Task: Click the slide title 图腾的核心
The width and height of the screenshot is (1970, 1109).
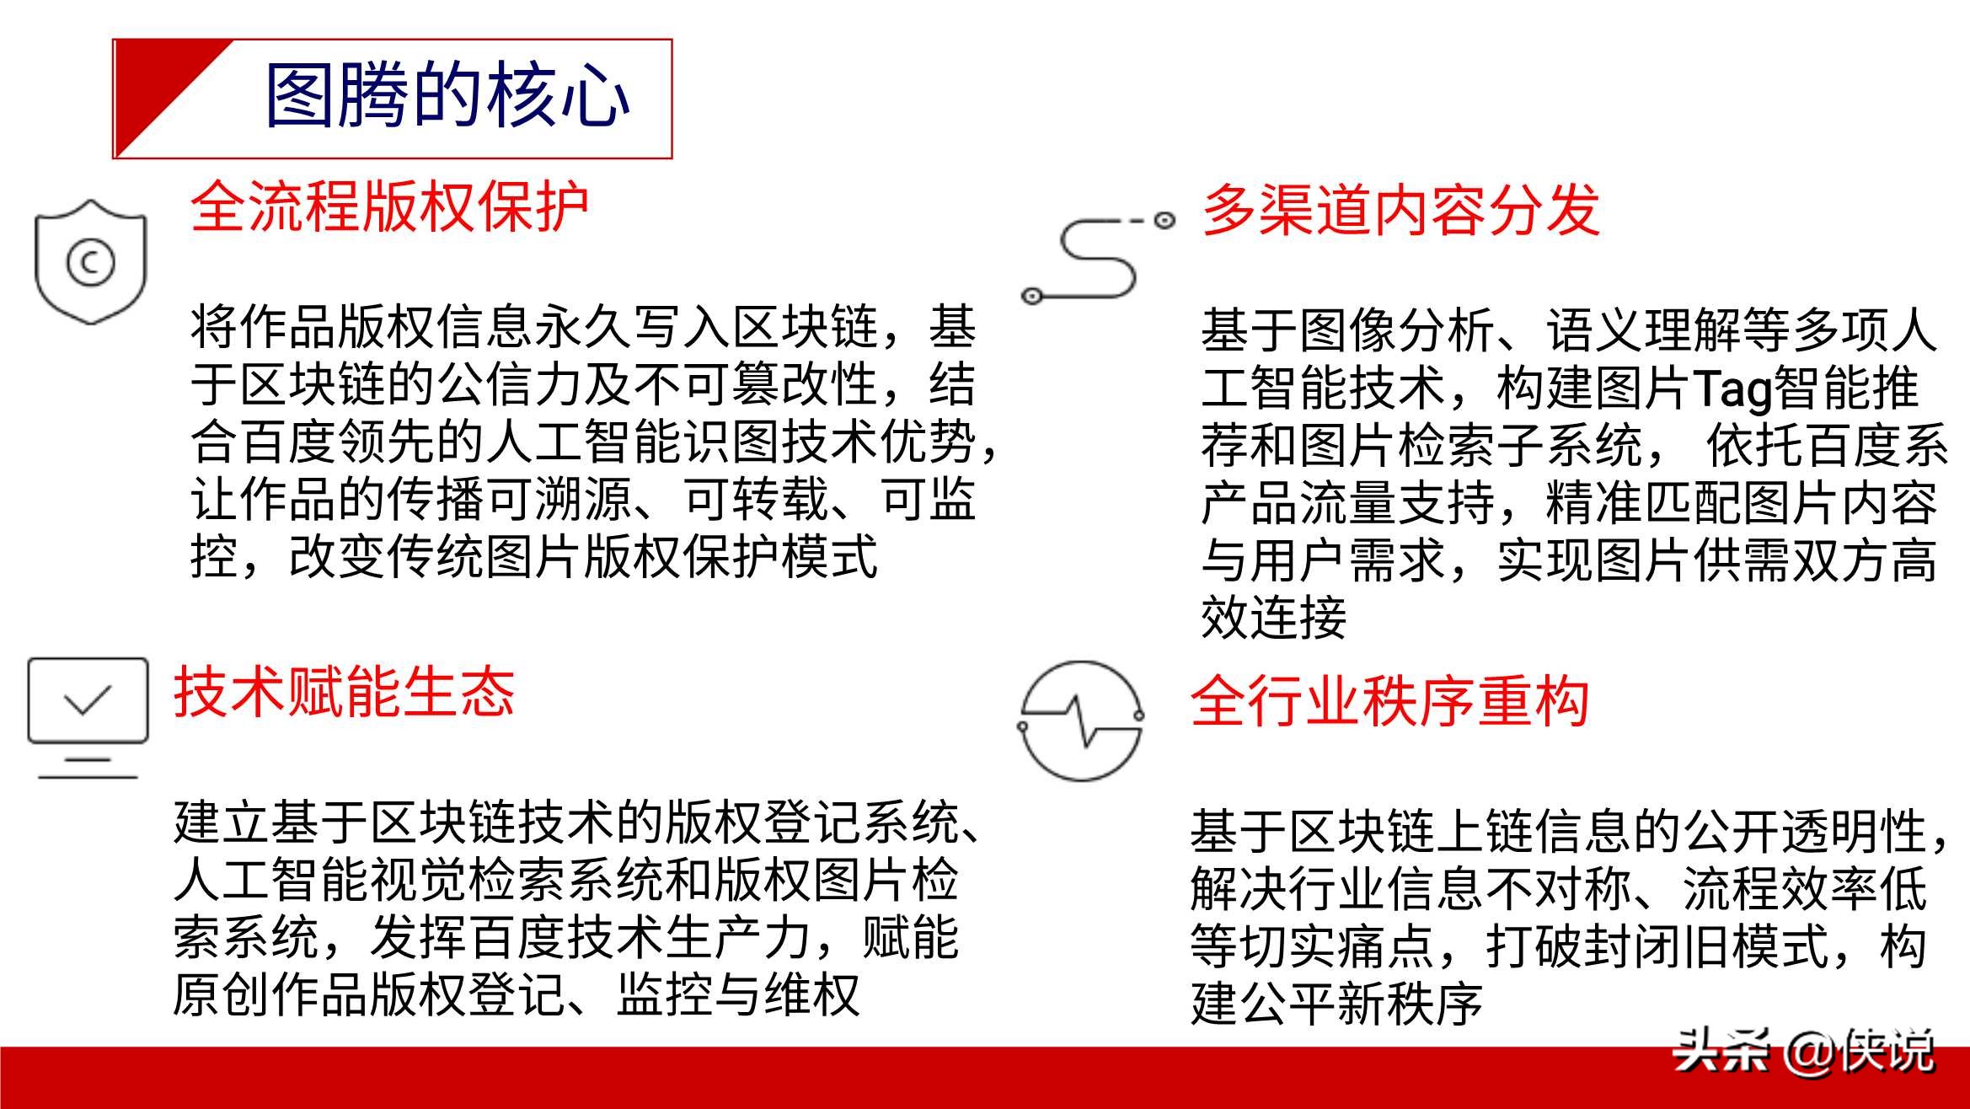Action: coord(447,95)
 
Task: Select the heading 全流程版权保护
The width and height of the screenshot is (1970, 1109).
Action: coord(389,206)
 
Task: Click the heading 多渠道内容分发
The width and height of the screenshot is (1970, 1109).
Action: coord(1400,210)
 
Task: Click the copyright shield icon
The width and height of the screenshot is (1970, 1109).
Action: coord(90,261)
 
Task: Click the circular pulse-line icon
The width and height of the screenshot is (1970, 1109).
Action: coord(1081,721)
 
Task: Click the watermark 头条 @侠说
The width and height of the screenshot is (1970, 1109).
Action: coord(1804,1050)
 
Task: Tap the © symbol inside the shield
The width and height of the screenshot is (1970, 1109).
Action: coord(90,263)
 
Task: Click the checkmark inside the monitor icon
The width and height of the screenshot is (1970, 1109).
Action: coord(88,699)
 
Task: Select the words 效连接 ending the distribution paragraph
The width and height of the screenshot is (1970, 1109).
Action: coord(1274,617)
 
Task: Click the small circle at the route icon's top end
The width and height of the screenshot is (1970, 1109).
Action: coord(1164,221)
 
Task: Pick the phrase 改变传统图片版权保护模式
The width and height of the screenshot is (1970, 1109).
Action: coord(583,556)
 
